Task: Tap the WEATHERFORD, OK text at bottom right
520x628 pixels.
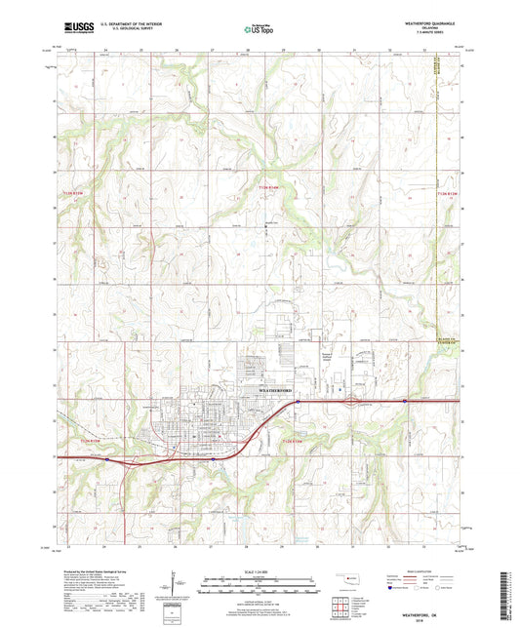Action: pos(460,604)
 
